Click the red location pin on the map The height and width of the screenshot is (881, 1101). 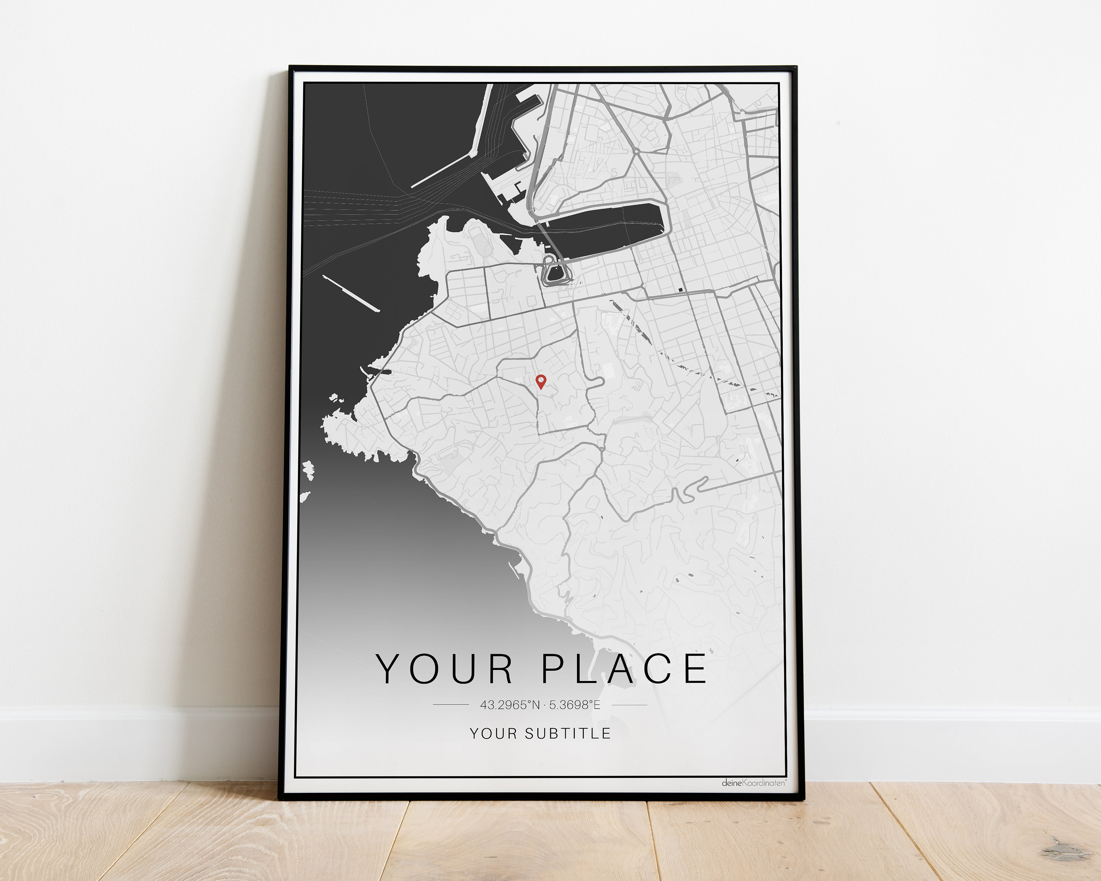(x=540, y=381)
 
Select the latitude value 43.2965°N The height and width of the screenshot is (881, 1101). (x=510, y=705)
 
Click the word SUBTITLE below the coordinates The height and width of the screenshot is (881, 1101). (x=567, y=733)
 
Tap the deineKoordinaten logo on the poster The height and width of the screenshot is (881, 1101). (x=753, y=782)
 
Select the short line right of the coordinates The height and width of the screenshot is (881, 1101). (x=629, y=705)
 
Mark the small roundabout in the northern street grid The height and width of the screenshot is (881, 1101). (x=637, y=151)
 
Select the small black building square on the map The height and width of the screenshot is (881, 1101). (x=680, y=290)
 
